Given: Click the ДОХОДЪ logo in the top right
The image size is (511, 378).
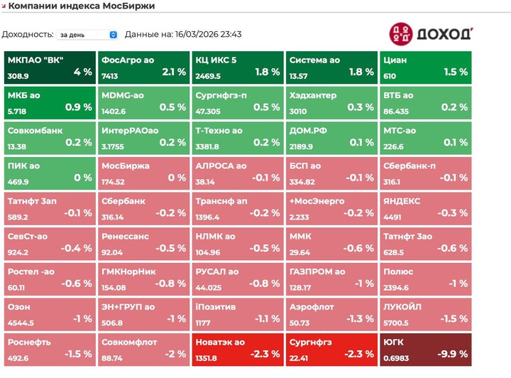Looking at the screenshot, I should click(x=430, y=34).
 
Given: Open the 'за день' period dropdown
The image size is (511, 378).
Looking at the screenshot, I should click(x=88, y=34).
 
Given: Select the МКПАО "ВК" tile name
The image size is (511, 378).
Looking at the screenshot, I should click(x=35, y=60).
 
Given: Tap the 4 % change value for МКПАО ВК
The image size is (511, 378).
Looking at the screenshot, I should click(x=82, y=72).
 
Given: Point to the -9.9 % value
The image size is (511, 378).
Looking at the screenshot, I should click(x=454, y=354).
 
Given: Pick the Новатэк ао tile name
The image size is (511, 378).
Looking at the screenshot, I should click(x=221, y=342).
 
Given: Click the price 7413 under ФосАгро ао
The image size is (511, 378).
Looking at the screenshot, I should click(x=109, y=76).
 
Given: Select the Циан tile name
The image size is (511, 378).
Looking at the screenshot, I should click(x=395, y=60).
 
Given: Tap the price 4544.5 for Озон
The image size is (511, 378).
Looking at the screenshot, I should click(x=21, y=322).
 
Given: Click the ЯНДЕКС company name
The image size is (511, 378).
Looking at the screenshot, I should click(x=402, y=201).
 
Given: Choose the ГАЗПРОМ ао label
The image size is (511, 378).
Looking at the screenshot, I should click(x=317, y=271).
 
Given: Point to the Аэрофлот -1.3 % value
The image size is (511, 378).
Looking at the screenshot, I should click(x=360, y=318).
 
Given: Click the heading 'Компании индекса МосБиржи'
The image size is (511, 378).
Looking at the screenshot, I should click(x=82, y=6).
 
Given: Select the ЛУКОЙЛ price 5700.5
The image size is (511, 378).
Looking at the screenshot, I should click(x=396, y=322).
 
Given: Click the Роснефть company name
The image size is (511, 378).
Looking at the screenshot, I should click(x=29, y=342).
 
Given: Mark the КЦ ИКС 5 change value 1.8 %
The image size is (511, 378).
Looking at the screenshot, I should click(x=267, y=72).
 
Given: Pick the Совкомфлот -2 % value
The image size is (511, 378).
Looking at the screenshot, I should click(x=175, y=354).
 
